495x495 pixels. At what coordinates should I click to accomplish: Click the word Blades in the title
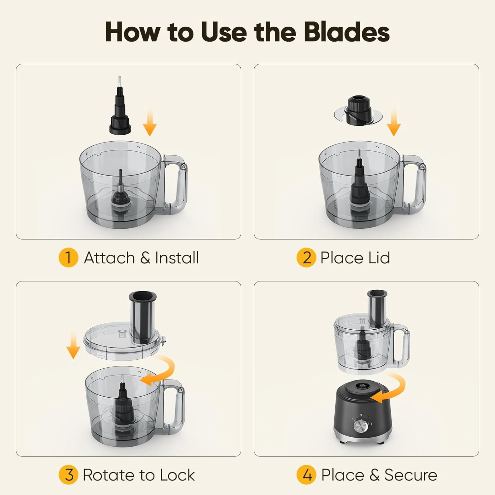coord(346,32)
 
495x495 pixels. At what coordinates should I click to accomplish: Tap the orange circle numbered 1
coord(68,257)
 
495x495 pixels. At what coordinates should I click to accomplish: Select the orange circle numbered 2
coord(306,257)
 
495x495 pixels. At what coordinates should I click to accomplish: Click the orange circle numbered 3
coord(68,475)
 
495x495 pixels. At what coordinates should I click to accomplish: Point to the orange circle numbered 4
coord(306,475)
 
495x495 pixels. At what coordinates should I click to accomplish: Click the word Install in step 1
coord(177,258)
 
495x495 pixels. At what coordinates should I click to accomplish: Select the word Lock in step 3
coord(177,475)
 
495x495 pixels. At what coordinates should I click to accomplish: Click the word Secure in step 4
coord(411,475)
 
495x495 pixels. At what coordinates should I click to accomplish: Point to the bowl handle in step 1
coord(176,184)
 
